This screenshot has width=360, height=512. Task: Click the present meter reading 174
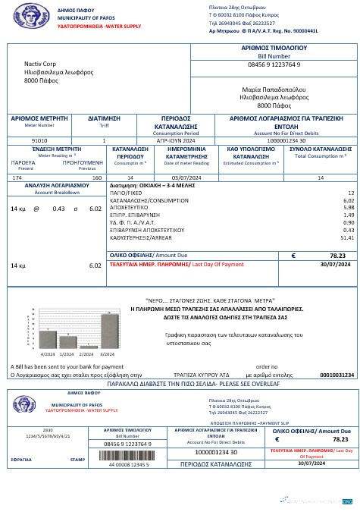click(17, 177)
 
